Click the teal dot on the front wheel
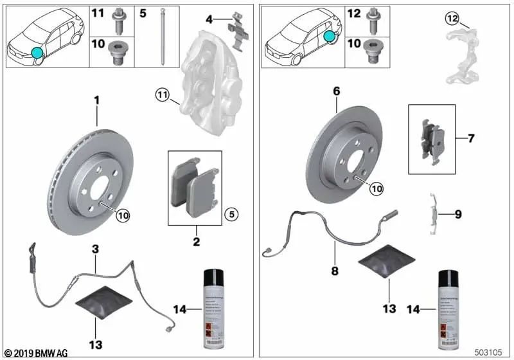pos(37,53)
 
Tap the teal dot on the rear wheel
pos(329,37)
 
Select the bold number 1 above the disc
pos(97,101)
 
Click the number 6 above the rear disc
pos(336,92)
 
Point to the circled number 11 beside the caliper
pos(161,96)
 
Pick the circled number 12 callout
pos(453,19)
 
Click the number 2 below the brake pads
pos(196,242)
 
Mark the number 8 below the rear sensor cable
pos(335,271)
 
